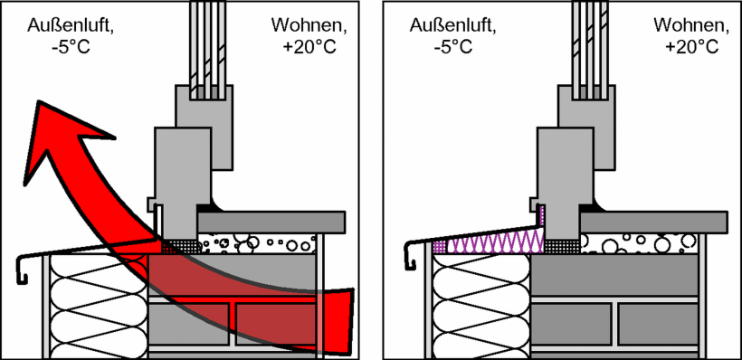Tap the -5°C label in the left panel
51,46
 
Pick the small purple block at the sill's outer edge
440,244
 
